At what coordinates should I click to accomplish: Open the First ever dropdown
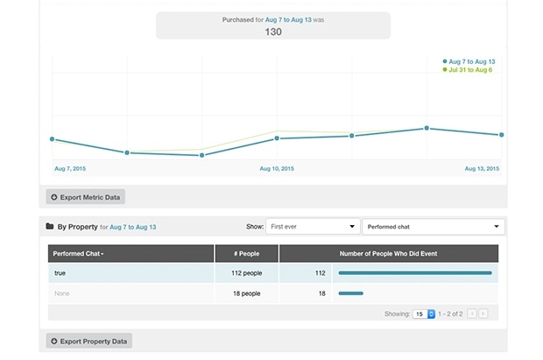click(312, 227)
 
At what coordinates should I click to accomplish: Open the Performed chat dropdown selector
click(434, 227)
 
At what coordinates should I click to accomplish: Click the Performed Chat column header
click(79, 253)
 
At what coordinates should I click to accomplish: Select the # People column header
click(246, 253)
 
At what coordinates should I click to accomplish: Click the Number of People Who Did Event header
click(389, 253)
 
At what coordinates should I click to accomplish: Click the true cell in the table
click(60, 273)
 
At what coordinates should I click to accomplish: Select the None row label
click(61, 293)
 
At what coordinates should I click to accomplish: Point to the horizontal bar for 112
click(414, 273)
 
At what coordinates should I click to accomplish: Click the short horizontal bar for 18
click(350, 293)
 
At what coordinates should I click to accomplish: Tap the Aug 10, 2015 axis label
click(277, 167)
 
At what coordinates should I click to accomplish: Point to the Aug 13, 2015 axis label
click(481, 167)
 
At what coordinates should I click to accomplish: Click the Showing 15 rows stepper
click(425, 313)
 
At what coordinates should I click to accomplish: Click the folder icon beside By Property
click(50, 227)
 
